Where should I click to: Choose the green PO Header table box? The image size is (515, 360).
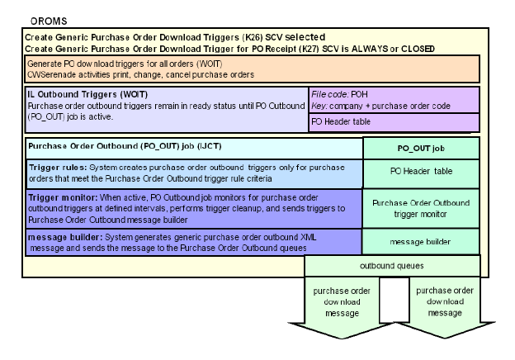421,171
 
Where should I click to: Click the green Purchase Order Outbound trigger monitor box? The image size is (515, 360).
421,208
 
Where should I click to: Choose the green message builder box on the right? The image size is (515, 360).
421,242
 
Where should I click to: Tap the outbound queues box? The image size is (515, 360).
392,266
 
